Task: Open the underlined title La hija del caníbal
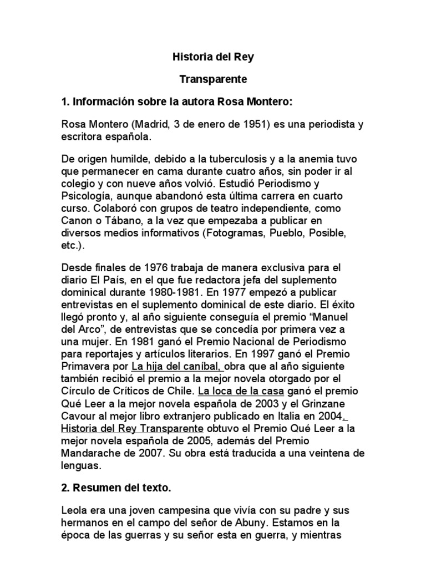(x=178, y=366)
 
